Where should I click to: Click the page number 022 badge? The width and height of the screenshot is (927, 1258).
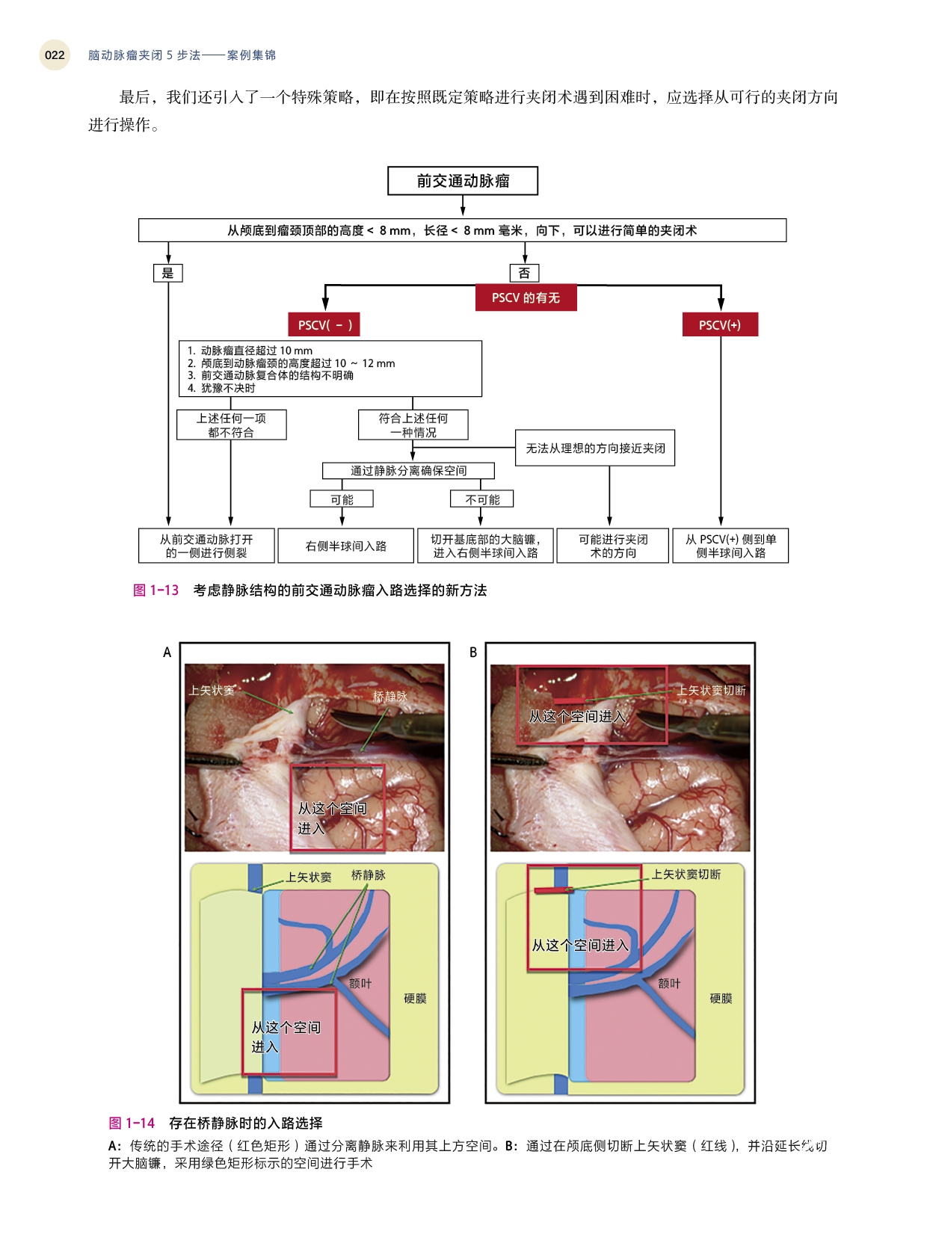55,55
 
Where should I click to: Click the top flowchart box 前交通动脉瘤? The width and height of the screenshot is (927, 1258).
463,181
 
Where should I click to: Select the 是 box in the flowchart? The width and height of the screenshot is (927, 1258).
167,273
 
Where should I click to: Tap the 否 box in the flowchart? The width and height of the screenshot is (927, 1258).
524,273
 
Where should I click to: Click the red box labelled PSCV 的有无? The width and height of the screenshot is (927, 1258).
526,297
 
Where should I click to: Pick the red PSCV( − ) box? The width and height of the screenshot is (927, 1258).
324,324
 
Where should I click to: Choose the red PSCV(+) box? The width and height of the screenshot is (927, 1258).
720,324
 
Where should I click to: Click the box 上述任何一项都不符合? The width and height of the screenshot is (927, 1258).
231,425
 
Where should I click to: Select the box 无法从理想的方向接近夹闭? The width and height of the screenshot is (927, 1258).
595,448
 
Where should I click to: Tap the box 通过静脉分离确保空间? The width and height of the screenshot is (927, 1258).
408,470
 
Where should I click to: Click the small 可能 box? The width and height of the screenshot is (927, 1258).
342,499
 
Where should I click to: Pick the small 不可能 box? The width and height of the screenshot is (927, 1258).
482,499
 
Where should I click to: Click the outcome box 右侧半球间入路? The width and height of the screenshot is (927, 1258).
345,546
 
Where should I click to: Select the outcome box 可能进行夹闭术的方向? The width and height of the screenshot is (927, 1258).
613,546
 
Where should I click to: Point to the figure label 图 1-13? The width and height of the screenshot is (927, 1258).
155,590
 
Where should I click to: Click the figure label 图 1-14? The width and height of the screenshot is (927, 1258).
132,1123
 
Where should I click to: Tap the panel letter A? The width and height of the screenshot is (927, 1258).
167,653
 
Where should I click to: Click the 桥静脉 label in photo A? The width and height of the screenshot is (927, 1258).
389,697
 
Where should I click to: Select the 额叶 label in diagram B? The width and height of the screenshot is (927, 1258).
669,983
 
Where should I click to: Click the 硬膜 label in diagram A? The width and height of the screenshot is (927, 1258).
415,998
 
